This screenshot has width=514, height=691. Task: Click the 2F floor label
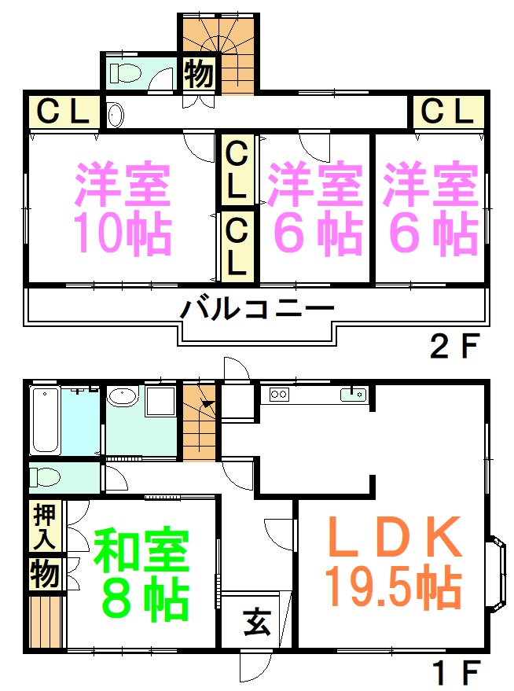(x=453, y=346)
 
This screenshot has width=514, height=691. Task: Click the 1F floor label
(x=456, y=672)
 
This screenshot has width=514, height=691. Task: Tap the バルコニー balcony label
(x=257, y=308)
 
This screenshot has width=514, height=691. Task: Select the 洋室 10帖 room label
(x=123, y=208)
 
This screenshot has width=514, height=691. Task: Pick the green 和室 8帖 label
(x=141, y=574)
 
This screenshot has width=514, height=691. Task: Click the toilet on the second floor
(x=125, y=72)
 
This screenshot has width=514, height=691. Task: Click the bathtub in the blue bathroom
(x=45, y=420)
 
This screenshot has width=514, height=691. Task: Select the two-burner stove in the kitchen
(x=279, y=394)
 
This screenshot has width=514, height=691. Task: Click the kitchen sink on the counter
(x=353, y=394)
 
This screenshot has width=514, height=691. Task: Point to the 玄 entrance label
(x=257, y=622)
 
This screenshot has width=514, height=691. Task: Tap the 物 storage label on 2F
(x=199, y=73)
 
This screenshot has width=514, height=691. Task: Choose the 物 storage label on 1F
(x=45, y=574)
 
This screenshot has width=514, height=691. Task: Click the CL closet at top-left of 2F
(x=63, y=111)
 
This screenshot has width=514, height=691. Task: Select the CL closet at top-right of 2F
(x=447, y=111)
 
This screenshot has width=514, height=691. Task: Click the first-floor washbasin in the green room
(x=123, y=396)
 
